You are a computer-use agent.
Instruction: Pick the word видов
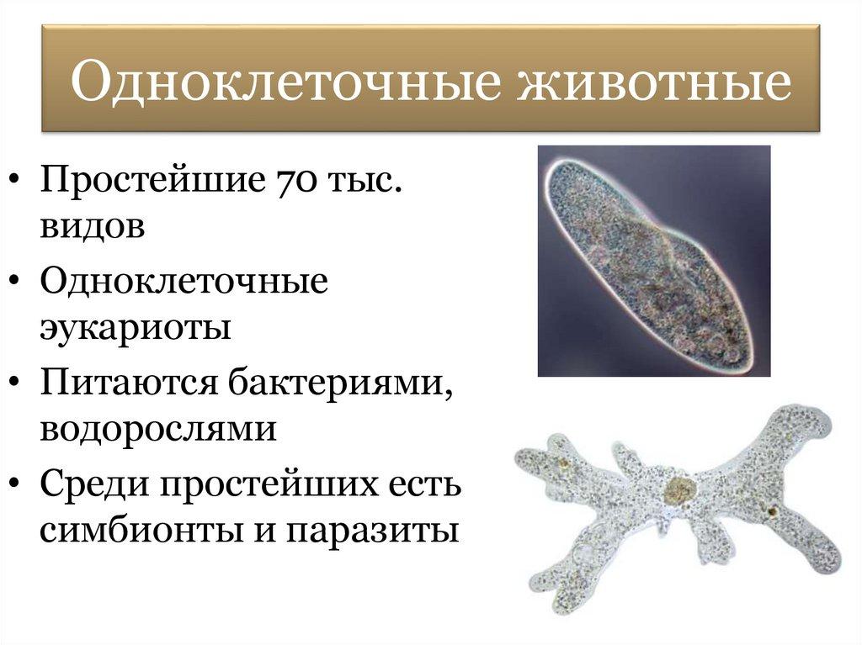pyautogui.click(x=93, y=226)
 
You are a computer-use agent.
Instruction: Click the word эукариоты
pyautogui.click(x=136, y=327)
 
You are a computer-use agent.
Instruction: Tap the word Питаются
pyautogui.click(x=129, y=383)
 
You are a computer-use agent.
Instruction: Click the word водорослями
pyautogui.click(x=158, y=429)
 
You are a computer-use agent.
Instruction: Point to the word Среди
pyautogui.click(x=94, y=484)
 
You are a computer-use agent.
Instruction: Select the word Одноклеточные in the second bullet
pyautogui.click(x=184, y=281)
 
